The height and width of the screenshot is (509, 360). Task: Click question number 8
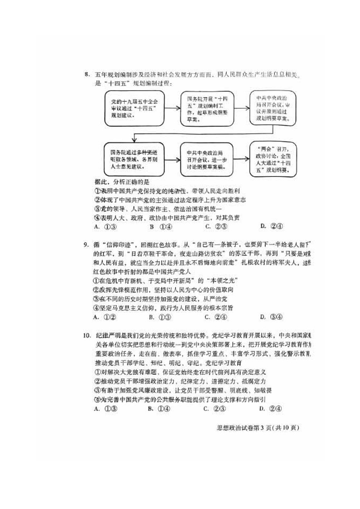(x=86, y=75)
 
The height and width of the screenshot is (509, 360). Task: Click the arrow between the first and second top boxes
(x=171, y=109)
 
